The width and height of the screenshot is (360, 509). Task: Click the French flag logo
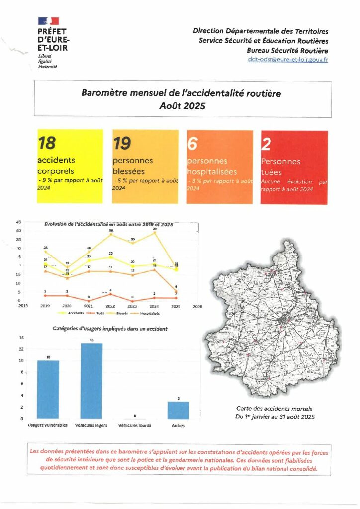pyautogui.click(x=48, y=21)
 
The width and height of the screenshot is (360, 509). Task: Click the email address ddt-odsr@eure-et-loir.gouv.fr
pyautogui.click(x=288, y=59)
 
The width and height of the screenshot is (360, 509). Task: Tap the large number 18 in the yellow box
pyautogui.click(x=47, y=143)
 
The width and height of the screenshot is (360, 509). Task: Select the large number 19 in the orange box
pyautogui.click(x=122, y=143)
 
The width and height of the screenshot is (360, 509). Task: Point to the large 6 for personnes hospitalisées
pyautogui.click(x=192, y=143)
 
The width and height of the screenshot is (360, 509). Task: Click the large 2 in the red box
pyautogui.click(x=266, y=144)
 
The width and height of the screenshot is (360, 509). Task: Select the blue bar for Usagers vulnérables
pyautogui.click(x=48, y=389)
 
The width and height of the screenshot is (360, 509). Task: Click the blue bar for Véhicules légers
pyautogui.click(x=91, y=381)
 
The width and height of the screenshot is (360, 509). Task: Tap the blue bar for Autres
pyautogui.click(x=179, y=410)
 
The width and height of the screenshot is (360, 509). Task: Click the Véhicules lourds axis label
pyautogui.click(x=135, y=426)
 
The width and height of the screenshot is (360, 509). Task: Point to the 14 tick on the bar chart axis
pyautogui.click(x=21, y=338)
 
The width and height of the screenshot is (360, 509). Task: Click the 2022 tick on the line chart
pyautogui.click(x=110, y=306)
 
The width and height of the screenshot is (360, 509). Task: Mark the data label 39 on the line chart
pyautogui.click(x=155, y=228)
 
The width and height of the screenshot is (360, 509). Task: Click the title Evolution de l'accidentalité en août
pyautogui.click(x=108, y=225)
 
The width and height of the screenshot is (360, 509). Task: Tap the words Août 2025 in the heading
pyautogui.click(x=182, y=105)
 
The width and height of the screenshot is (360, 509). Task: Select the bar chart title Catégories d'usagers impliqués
pyautogui.click(x=110, y=329)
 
